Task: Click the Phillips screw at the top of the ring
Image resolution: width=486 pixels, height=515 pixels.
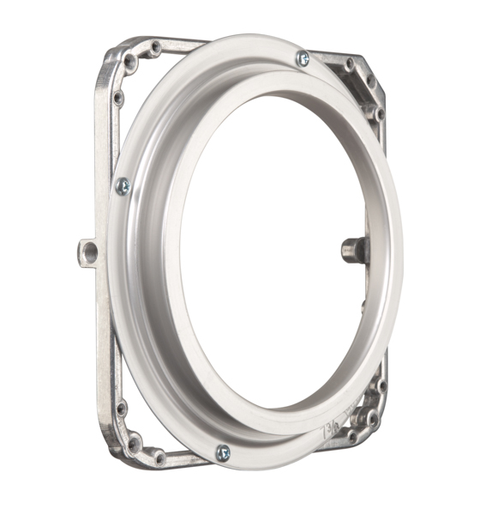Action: coord(303,58)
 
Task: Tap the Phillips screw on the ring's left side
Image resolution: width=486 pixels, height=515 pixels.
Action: coord(123,185)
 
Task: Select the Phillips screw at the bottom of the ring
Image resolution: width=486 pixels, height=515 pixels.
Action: coord(223,452)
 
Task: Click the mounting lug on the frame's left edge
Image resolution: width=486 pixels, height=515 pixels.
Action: coord(87,251)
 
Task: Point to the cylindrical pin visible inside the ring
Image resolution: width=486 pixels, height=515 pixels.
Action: coord(354,250)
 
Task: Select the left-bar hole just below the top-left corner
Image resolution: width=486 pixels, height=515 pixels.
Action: coord(118,98)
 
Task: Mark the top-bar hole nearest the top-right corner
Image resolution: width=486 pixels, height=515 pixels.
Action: coord(349,64)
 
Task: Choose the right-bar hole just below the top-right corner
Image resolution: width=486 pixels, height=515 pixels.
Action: coord(379,113)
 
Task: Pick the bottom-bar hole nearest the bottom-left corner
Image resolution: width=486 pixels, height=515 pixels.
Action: coord(159,457)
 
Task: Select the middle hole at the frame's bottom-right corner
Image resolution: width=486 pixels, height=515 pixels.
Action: coord(372,419)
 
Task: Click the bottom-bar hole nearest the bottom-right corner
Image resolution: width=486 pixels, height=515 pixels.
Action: coord(351,436)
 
